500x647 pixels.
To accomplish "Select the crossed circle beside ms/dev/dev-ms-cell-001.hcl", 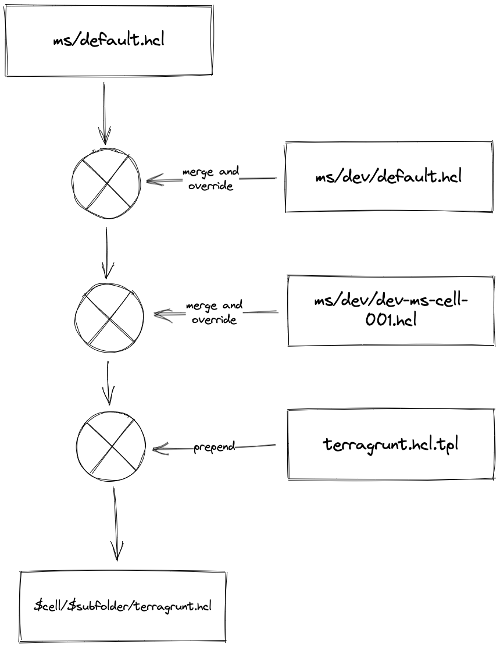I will [x=109, y=318].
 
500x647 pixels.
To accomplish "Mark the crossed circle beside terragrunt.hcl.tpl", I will [x=110, y=446].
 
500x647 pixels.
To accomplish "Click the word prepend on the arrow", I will [x=214, y=447].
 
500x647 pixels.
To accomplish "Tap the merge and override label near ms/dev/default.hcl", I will [x=210, y=179].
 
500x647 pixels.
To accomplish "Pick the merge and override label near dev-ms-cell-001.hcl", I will [x=214, y=312].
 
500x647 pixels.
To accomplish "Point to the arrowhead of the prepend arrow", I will [x=158, y=449].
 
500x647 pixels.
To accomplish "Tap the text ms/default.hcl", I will [x=108, y=41].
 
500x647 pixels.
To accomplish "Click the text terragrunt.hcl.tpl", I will [x=391, y=445].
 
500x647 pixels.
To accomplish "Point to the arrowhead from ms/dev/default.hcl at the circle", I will [x=152, y=180].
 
